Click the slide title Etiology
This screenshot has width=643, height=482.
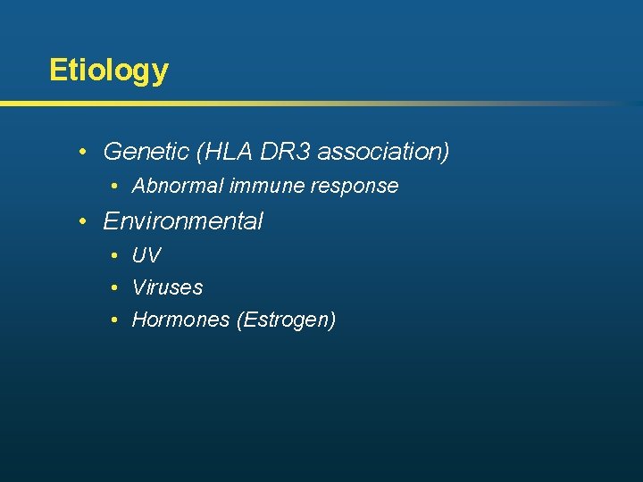(108, 71)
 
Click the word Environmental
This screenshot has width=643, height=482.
(183, 220)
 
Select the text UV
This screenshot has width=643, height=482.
(146, 255)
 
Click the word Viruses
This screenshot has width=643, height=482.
(167, 287)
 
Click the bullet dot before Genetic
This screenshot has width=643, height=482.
(82, 152)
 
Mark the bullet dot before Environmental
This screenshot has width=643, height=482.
(82, 220)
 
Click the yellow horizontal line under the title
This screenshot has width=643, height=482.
(268, 104)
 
